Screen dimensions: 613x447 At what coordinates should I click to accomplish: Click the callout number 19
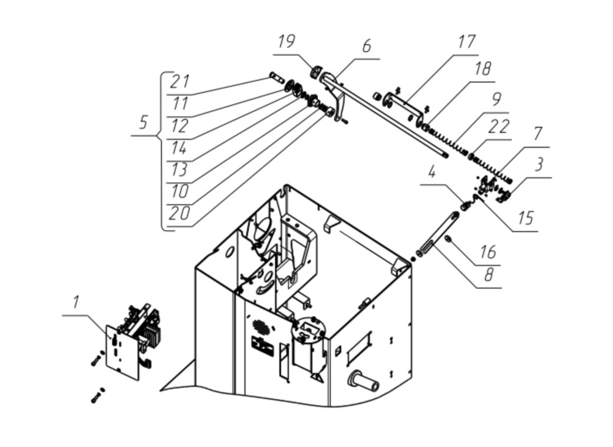[x=286, y=42]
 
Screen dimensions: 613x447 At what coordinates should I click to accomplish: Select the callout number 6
[x=366, y=46]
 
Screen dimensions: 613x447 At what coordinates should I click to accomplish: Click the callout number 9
[x=496, y=100]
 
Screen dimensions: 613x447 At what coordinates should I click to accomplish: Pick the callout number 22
[x=499, y=127]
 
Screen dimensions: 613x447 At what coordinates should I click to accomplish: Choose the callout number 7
[x=538, y=134]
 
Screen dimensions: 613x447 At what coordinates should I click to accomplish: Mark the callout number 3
[x=539, y=164]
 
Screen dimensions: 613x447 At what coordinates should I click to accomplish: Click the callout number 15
[x=526, y=218]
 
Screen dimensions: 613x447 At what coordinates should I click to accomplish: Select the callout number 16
[x=488, y=252]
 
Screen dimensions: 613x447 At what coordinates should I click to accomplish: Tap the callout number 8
[x=488, y=275]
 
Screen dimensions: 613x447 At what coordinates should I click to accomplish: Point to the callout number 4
[x=431, y=173]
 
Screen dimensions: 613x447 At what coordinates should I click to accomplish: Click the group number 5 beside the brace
[x=143, y=122]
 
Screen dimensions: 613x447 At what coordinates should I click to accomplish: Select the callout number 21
[x=180, y=81]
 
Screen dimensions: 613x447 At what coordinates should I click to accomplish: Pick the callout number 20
[x=179, y=213]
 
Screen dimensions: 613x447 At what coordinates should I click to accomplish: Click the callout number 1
[x=75, y=302]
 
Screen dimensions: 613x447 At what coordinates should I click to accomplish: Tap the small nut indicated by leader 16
[x=449, y=240]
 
